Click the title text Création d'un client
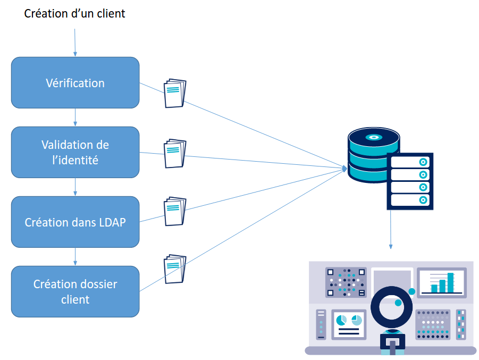(74, 14)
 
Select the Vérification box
(75, 83)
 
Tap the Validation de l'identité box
(75, 152)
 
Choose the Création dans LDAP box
(75, 222)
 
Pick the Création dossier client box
(75, 291)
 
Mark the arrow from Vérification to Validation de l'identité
(75, 117)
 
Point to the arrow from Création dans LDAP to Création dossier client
(75, 256)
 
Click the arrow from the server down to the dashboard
(391, 229)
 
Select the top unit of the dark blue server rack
(410, 161)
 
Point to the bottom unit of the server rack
(410, 200)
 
